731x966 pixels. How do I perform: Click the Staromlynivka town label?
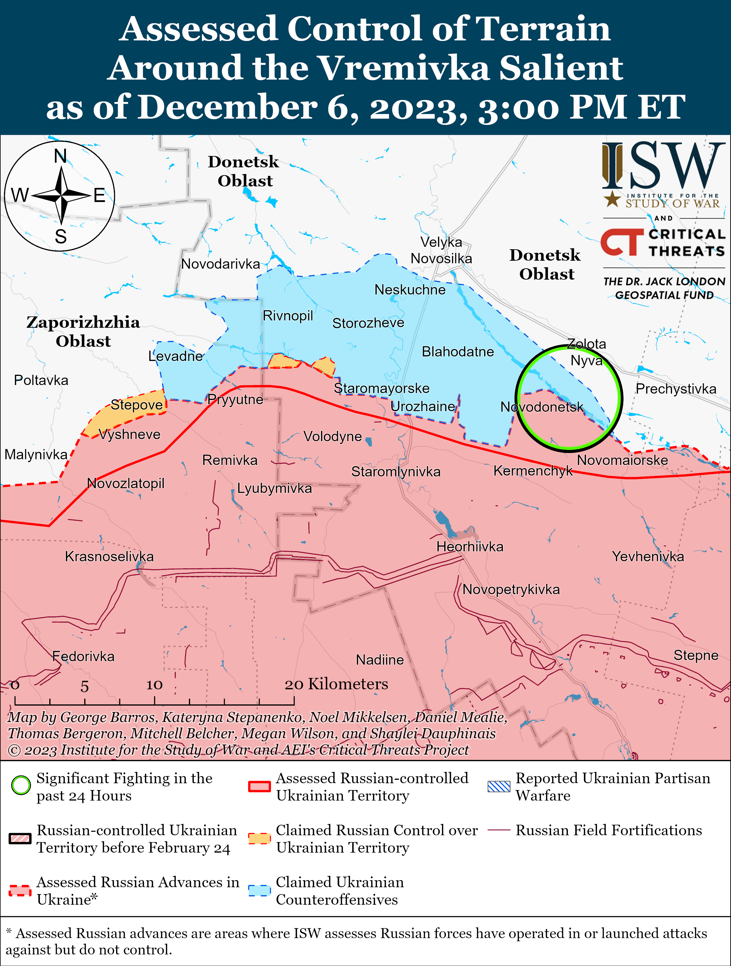[x=396, y=472]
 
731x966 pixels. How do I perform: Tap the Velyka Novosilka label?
[x=441, y=250]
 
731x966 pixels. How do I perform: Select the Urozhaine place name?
[x=423, y=406]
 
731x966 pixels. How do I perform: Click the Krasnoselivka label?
[x=109, y=556]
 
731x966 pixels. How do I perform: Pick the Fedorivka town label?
[x=83, y=656]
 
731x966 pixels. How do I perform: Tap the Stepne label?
[x=696, y=655]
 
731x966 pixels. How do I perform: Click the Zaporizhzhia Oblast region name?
[x=83, y=331]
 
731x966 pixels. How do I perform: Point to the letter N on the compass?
[x=60, y=156]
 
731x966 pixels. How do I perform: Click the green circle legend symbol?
[x=21, y=786]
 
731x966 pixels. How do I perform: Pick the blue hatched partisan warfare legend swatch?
[x=499, y=786]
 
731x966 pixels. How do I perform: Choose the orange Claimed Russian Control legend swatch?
[x=259, y=838]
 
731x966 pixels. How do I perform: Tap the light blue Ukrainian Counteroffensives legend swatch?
[x=259, y=890]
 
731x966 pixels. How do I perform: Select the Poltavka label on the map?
[x=41, y=380]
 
